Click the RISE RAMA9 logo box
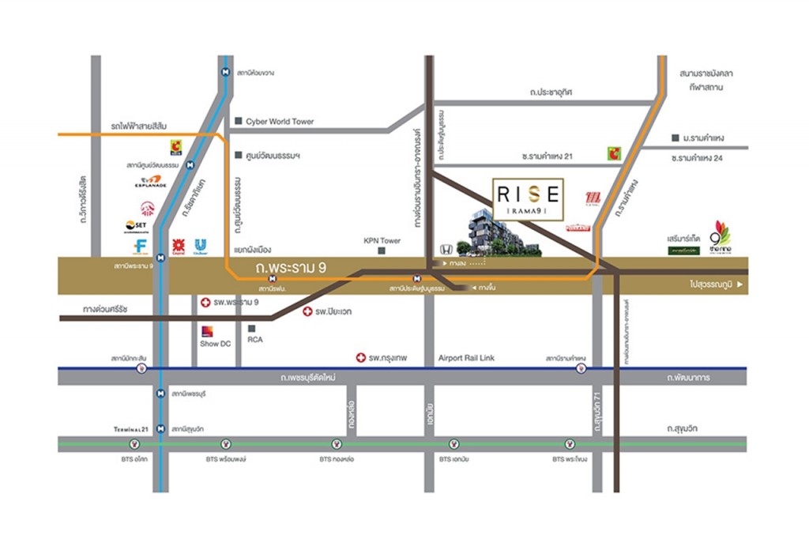click(x=529, y=200)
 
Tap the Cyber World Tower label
click(x=280, y=122)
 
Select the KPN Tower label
click(x=382, y=241)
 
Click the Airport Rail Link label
click(x=466, y=358)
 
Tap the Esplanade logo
click(x=150, y=183)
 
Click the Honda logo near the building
click(x=446, y=249)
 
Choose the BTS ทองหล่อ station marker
click(x=337, y=444)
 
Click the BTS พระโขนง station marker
click(x=570, y=444)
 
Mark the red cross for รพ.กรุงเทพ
click(x=361, y=358)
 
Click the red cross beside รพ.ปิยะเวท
click(x=307, y=312)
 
